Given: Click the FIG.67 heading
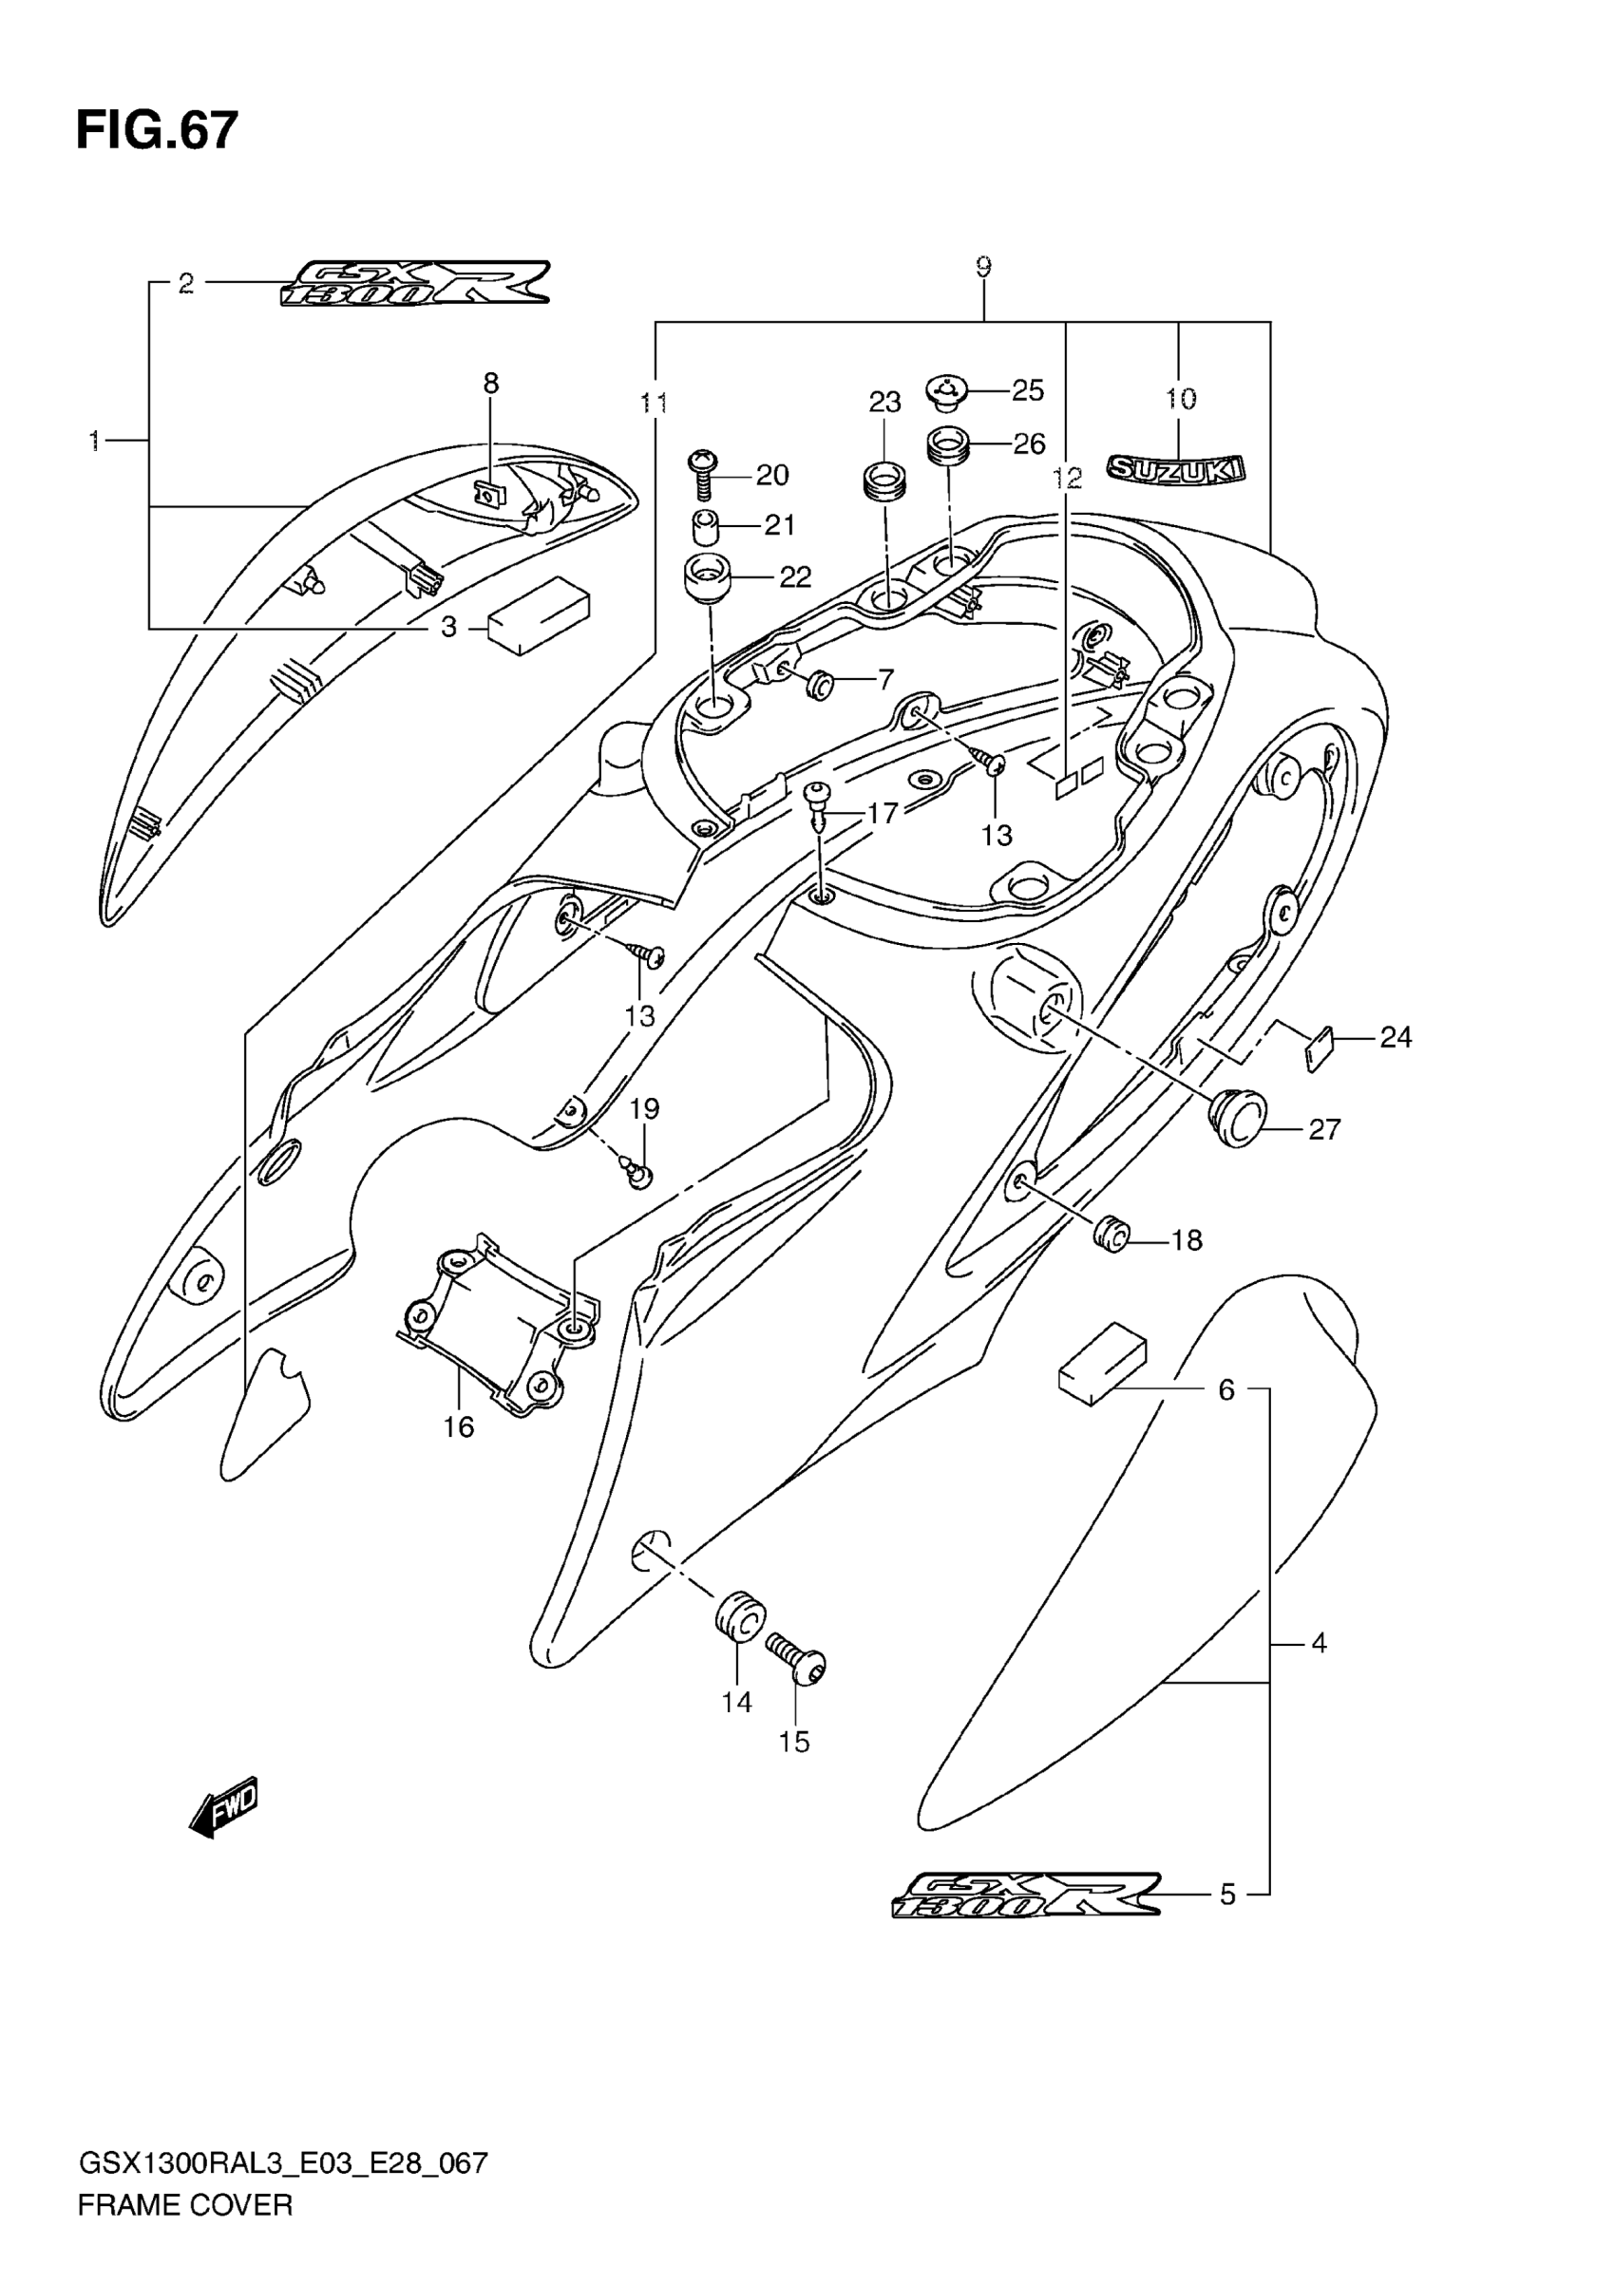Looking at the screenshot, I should coord(157,130).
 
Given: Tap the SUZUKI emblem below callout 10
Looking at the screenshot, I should coord(1176,469).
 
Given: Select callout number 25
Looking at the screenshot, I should coord(1028,390).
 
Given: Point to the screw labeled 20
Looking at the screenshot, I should coord(703,474).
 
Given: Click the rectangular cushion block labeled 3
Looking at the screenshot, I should coord(538,616).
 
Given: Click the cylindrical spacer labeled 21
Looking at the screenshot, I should coord(705,526).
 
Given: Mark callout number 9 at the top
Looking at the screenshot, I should coord(982,267).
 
